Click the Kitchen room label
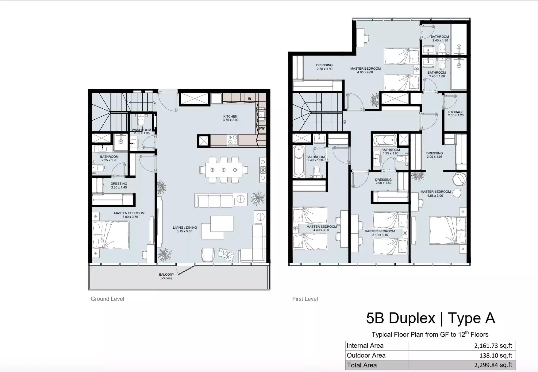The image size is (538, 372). (x=230, y=117)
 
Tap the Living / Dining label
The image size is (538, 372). (x=185, y=227)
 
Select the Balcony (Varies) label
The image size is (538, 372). (x=166, y=276)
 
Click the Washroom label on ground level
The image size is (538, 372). (x=142, y=130)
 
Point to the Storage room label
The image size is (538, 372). (x=456, y=112)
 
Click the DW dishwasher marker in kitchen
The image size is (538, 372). (x=262, y=128)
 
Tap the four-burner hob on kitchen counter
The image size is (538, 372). (x=232, y=140)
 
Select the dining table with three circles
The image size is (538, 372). (x=224, y=170)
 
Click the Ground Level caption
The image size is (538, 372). (x=107, y=299)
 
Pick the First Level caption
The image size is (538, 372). (x=305, y=299)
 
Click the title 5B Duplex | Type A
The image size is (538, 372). (x=431, y=318)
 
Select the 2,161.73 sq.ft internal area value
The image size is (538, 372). (x=493, y=346)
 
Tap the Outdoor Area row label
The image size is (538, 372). (x=366, y=355)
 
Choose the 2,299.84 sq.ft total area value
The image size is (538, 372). (x=493, y=365)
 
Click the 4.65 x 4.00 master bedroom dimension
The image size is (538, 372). (x=365, y=72)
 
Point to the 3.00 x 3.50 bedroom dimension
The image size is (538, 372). (x=130, y=217)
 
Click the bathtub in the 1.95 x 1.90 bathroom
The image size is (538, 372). (x=385, y=140)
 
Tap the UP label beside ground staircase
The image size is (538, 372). (x=154, y=103)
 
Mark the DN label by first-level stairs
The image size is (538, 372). (x=344, y=122)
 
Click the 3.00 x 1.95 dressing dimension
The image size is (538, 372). (x=435, y=157)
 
